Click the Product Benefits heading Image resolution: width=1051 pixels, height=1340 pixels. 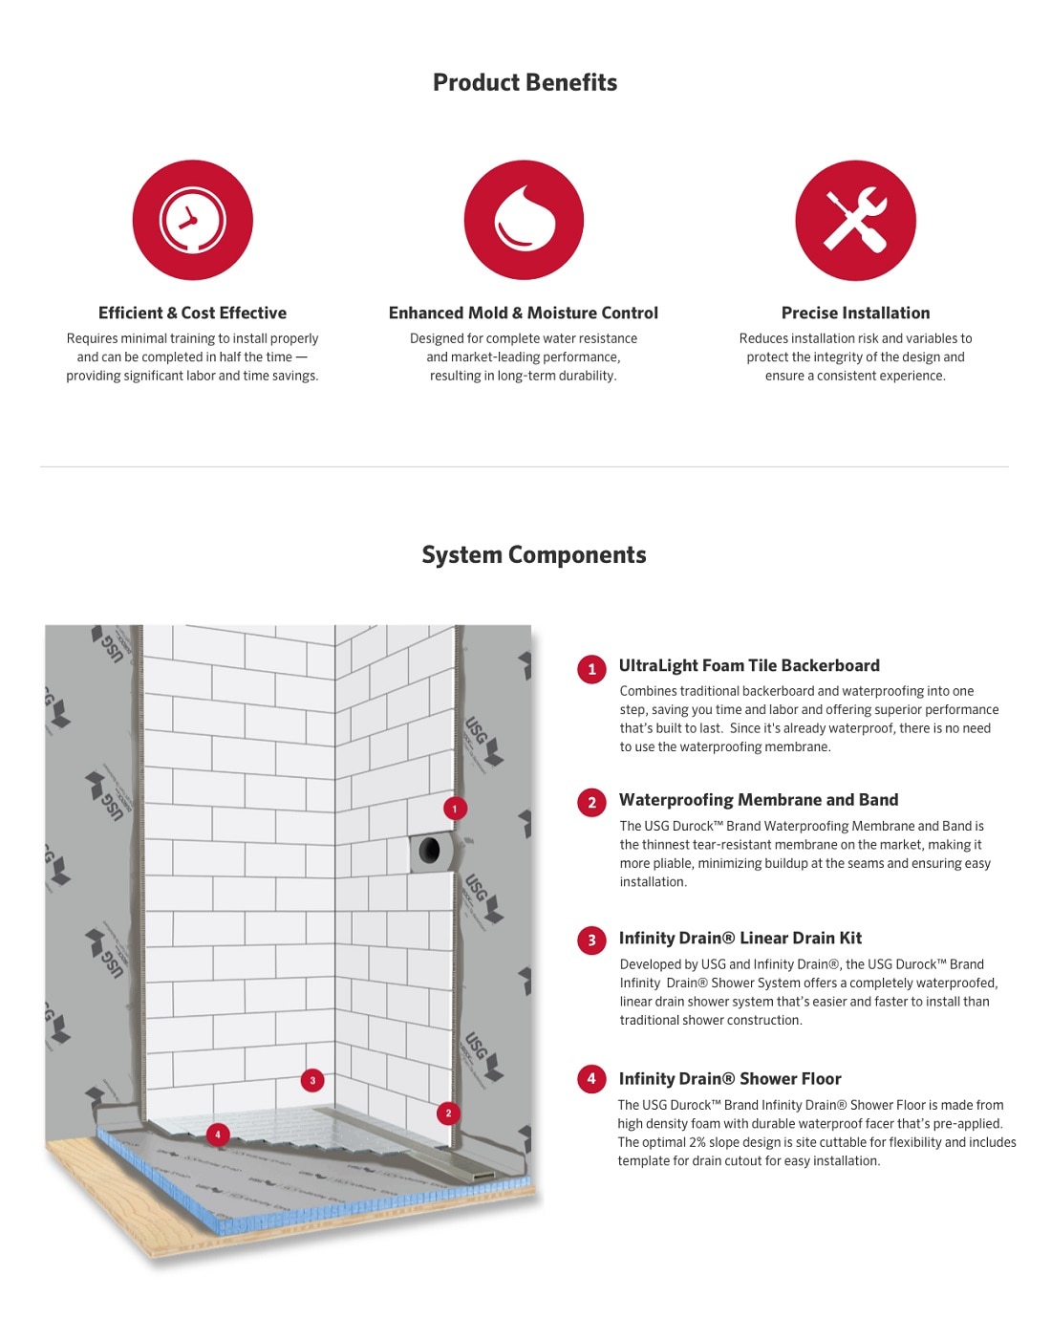[x=525, y=82]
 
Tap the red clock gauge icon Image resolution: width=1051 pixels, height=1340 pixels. [x=192, y=220]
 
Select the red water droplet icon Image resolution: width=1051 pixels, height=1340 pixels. [x=524, y=220]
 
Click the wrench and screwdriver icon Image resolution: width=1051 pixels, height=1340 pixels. [x=855, y=220]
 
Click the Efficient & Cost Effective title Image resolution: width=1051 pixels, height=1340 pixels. [x=192, y=313]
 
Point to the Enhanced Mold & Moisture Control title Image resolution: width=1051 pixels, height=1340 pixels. [x=523, y=313]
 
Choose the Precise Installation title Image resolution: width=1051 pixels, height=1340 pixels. [x=855, y=313]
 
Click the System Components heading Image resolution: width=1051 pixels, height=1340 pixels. [x=533, y=554]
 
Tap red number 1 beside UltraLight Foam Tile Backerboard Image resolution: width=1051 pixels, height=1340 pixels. [x=591, y=669]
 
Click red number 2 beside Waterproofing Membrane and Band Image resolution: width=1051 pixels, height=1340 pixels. [x=591, y=802]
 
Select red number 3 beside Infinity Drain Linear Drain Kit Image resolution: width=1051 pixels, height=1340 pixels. [x=591, y=940]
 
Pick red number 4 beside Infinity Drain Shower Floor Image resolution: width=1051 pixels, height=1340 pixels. [x=591, y=1079]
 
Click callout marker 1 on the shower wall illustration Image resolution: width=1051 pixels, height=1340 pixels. [x=455, y=809]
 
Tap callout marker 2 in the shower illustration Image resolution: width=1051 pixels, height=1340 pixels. [x=448, y=1113]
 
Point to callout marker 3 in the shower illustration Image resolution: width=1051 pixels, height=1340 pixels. [x=312, y=1081]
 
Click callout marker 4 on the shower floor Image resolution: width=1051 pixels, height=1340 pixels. [x=218, y=1135]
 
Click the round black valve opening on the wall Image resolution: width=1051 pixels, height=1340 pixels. [x=430, y=850]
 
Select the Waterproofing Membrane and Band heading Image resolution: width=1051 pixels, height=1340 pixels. [x=758, y=800]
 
